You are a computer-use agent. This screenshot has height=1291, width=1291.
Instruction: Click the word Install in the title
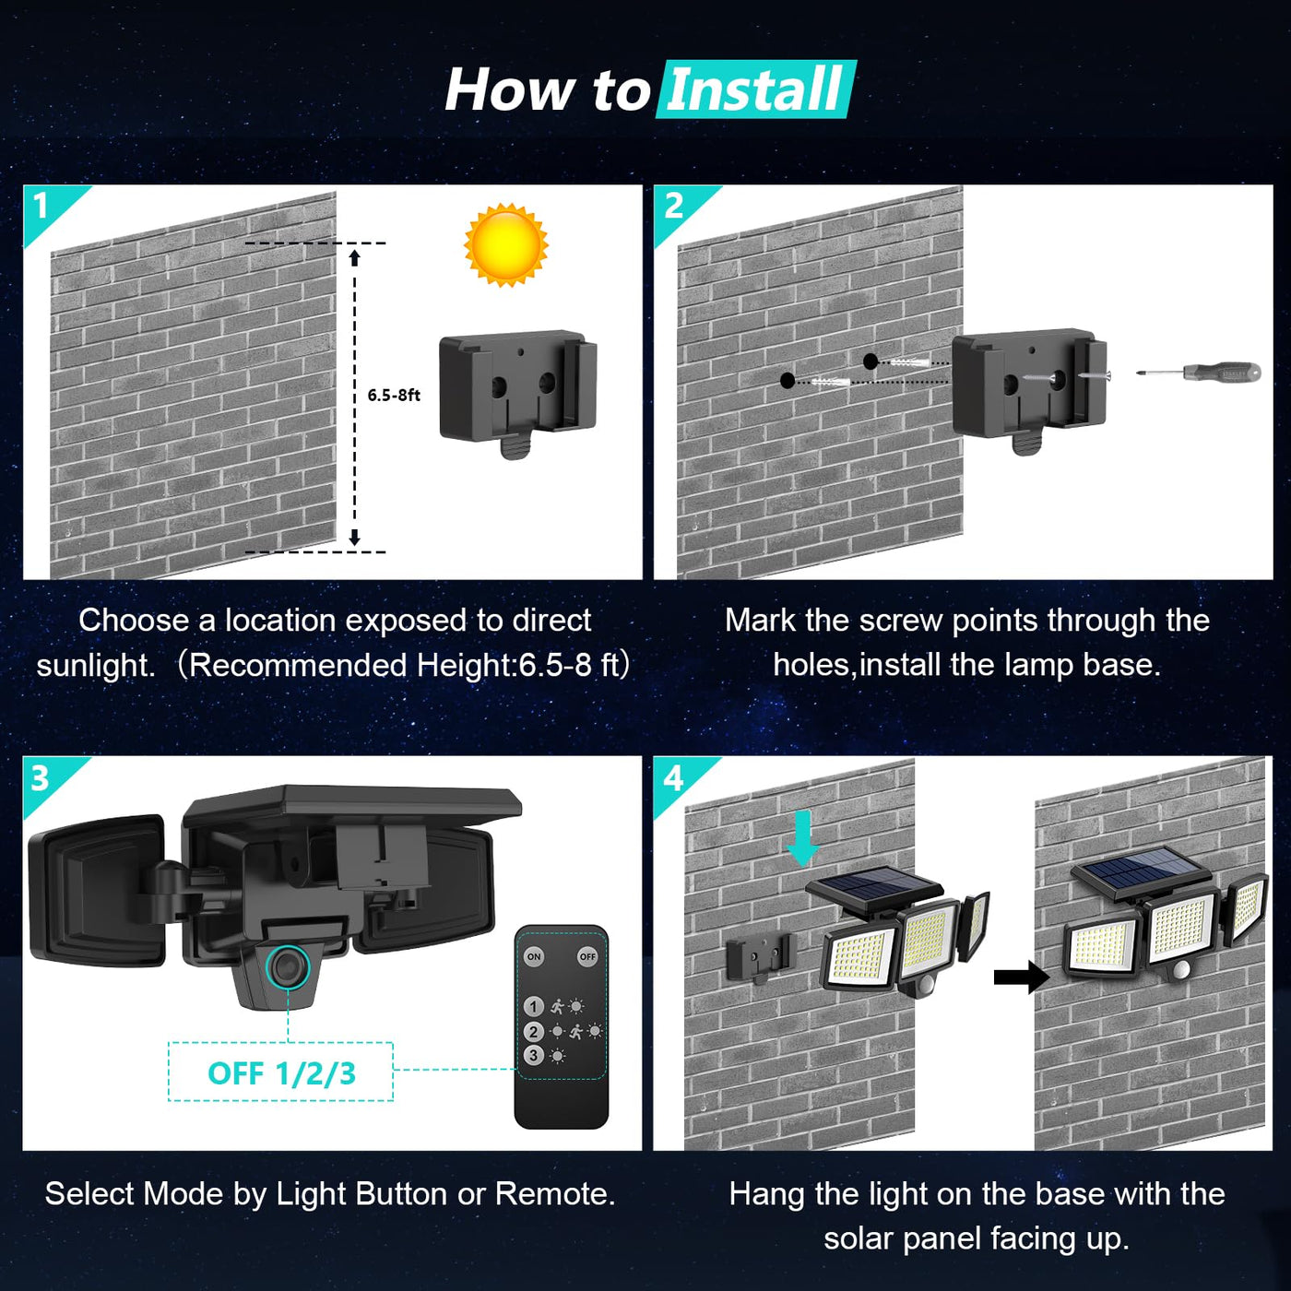pos(754,90)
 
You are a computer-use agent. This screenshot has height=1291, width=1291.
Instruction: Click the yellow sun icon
pos(505,245)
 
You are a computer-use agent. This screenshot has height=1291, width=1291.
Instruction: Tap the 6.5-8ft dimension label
pos(394,396)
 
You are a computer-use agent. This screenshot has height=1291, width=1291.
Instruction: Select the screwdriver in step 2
pos(1199,373)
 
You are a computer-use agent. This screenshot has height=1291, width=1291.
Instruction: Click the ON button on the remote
pos(534,956)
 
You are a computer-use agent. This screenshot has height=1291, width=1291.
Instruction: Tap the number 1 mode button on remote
pos(533,1006)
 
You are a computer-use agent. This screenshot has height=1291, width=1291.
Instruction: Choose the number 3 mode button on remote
pos(533,1055)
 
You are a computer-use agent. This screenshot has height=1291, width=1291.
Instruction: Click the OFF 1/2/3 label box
pos(280,1072)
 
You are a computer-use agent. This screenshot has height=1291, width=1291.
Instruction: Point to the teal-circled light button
pos(288,966)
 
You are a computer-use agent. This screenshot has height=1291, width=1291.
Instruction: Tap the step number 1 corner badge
pos(42,206)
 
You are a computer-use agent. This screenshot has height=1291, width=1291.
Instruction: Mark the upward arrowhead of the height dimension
pos(355,257)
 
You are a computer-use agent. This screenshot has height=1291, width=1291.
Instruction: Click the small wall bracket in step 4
pos(758,957)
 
